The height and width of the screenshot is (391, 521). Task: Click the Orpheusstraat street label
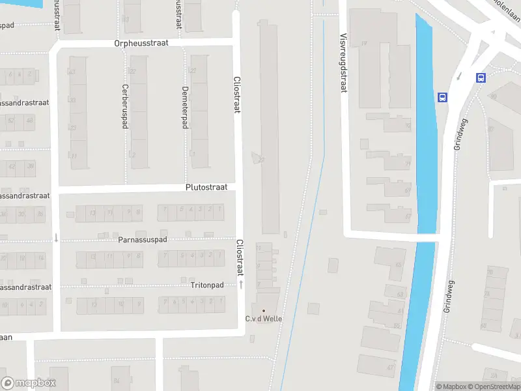(141, 43)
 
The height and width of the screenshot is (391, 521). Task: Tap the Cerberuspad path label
(124, 106)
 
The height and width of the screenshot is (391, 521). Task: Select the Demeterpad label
(185, 107)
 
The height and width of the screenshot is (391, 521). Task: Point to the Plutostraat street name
(206, 187)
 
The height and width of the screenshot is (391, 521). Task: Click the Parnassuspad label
(143, 240)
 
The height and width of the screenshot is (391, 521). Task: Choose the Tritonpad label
(207, 285)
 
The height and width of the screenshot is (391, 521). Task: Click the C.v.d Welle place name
(263, 319)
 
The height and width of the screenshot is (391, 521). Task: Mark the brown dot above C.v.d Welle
(263, 311)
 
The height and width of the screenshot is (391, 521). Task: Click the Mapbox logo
(29, 383)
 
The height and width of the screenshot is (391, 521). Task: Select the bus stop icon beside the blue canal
(443, 97)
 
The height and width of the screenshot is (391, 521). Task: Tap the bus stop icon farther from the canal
(481, 78)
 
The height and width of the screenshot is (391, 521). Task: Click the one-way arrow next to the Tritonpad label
(240, 285)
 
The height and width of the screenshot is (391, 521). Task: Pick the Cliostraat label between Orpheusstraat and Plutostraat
(237, 95)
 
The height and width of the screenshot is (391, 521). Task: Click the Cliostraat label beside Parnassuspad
(239, 257)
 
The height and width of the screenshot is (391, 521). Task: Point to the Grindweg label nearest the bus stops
(460, 135)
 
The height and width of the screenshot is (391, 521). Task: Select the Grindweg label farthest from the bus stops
(448, 297)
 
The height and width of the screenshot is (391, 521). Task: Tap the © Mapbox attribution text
(452, 386)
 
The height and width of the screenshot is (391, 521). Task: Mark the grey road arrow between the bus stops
(460, 76)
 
